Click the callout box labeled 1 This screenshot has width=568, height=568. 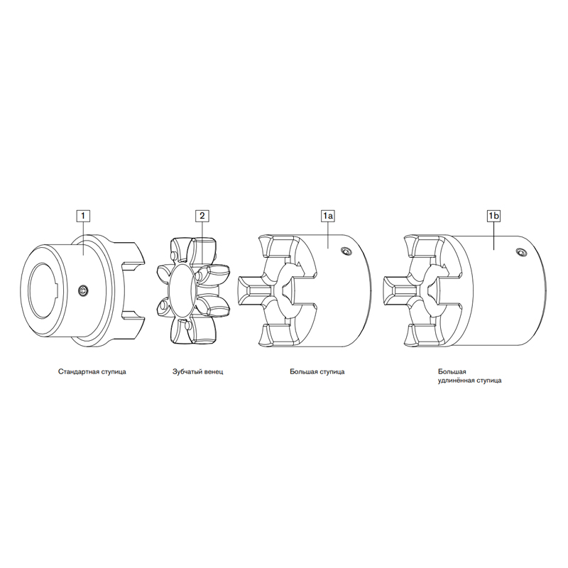tap(83, 216)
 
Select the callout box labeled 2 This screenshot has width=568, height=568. tap(202, 216)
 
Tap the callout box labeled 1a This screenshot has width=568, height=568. tap(327, 216)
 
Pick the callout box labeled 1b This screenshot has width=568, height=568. tap(493, 216)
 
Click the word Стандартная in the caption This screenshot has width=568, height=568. tap(76, 371)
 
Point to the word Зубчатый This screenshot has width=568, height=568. tap(185, 371)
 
